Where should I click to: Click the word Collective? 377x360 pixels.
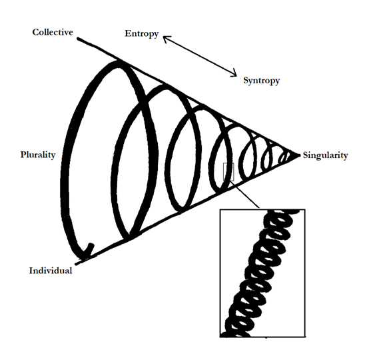[53, 32]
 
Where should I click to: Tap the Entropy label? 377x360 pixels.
[142, 34]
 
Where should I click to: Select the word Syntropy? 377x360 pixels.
[261, 81]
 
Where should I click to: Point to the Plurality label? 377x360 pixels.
[38, 155]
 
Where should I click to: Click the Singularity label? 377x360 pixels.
[325, 155]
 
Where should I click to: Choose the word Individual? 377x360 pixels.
[51, 271]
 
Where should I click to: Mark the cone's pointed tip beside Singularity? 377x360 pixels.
[300, 155]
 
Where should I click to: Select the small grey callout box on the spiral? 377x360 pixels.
[228, 172]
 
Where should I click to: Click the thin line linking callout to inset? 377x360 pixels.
[244, 194]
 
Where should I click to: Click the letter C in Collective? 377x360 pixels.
[35, 32]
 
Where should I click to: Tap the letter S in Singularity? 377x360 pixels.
[305, 155]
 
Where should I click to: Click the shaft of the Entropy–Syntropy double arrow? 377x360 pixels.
[200, 56]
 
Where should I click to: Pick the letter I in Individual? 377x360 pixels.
[31, 271]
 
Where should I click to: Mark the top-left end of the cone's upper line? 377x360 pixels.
[78, 39]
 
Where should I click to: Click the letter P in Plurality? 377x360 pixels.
[23, 155]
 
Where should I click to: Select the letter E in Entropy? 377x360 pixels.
[128, 33]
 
